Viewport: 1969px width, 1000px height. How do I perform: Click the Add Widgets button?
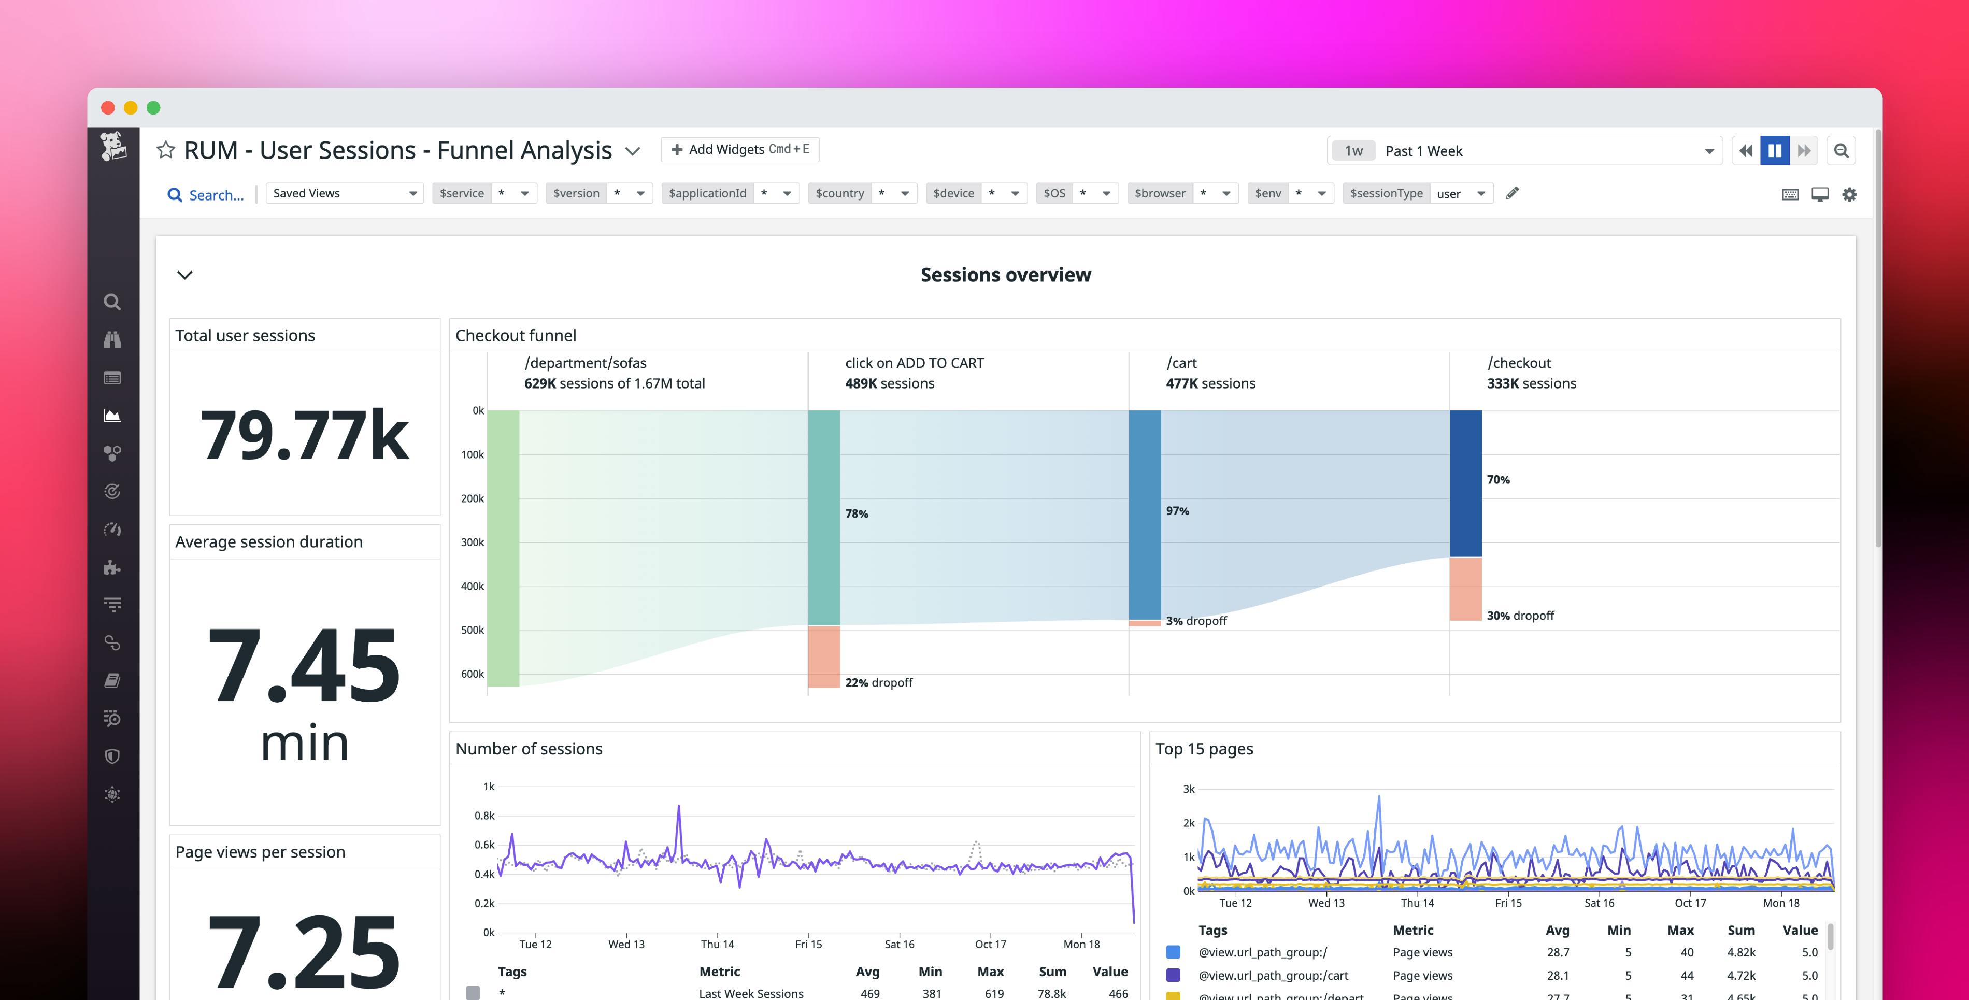[x=739, y=150]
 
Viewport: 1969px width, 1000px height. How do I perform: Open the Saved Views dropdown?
[x=344, y=193]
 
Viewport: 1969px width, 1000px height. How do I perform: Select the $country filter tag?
[x=839, y=193]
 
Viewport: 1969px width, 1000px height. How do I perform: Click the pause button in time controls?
[x=1774, y=151]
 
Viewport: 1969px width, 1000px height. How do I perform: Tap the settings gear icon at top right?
[x=1849, y=194]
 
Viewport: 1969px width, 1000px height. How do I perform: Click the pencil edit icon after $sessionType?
[x=1512, y=193]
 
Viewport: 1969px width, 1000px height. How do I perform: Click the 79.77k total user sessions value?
[x=304, y=435]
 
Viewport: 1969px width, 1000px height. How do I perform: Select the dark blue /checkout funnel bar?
[x=1465, y=483]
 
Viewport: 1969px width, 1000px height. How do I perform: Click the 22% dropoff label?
[x=878, y=683]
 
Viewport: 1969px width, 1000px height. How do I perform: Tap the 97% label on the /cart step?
[x=1177, y=511]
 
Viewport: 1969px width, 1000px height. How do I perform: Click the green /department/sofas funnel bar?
[x=503, y=548]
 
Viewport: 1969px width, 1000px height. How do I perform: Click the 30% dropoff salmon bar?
[x=1465, y=589]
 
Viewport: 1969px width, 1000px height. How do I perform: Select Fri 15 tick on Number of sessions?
[x=808, y=944]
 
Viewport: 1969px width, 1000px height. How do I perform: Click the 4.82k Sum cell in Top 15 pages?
[x=1740, y=953]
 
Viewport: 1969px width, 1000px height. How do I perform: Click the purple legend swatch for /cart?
[x=1173, y=976]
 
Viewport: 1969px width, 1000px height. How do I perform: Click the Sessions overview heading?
[x=1005, y=275]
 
